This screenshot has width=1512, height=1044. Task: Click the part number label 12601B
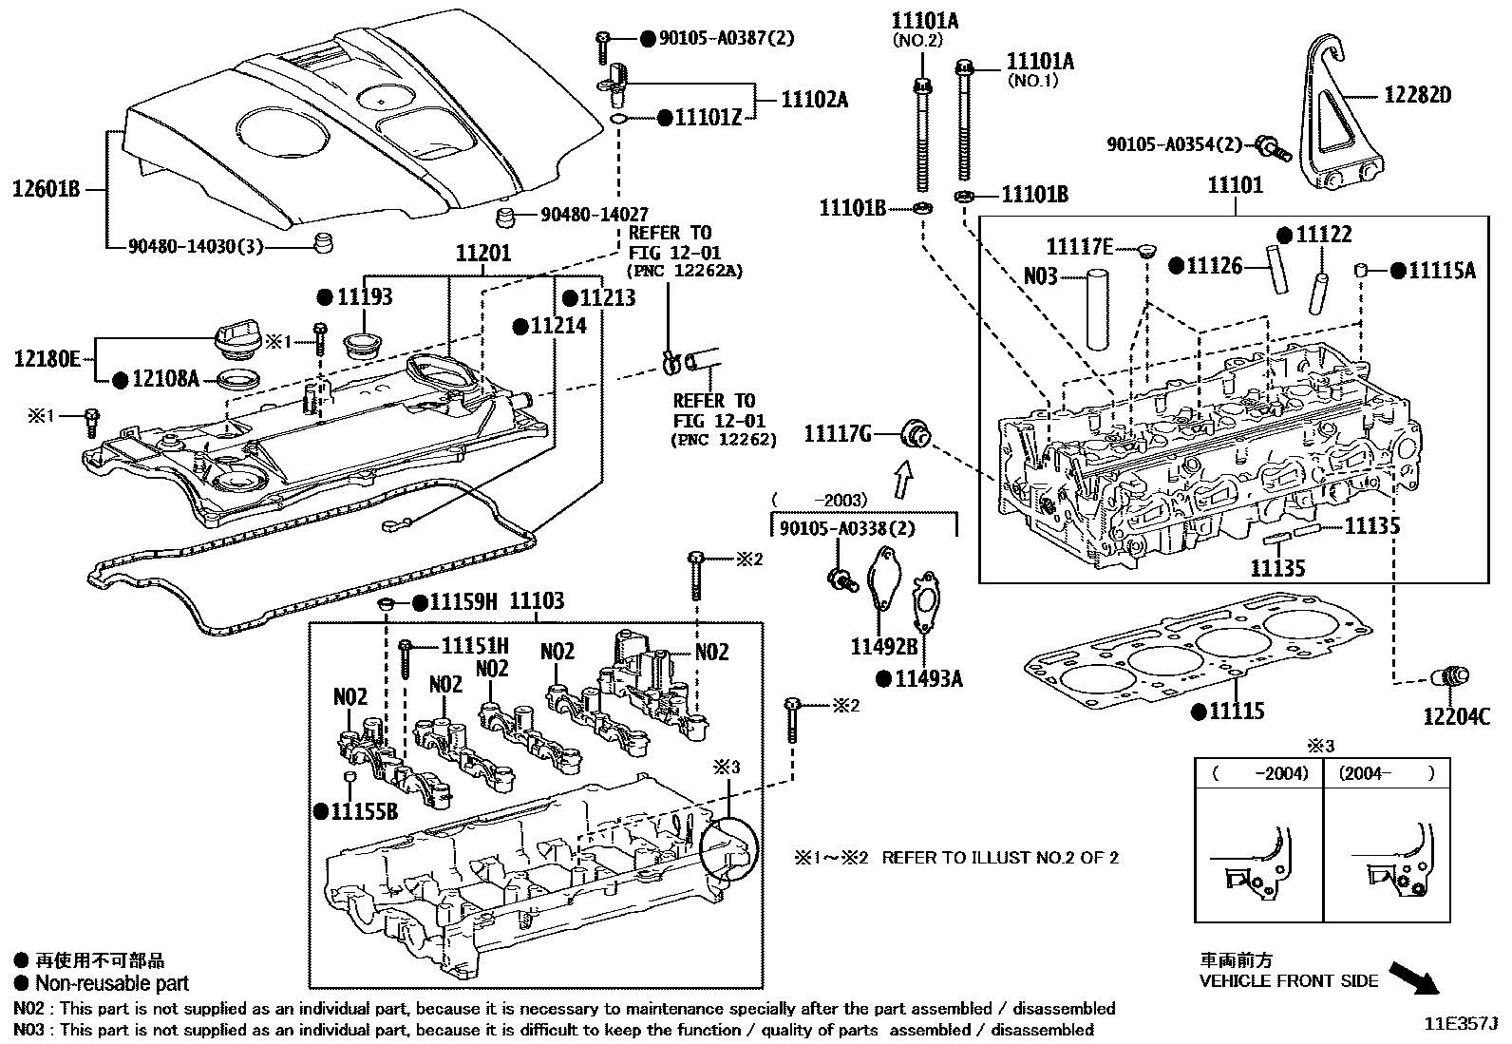[x=45, y=189]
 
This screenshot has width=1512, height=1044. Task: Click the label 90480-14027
[x=595, y=215]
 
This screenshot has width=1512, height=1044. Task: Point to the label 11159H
[x=463, y=601]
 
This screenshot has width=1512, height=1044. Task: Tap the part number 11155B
[x=364, y=810]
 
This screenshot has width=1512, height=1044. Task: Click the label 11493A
[x=929, y=678]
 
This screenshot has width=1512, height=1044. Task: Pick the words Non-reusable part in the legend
[x=112, y=984]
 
